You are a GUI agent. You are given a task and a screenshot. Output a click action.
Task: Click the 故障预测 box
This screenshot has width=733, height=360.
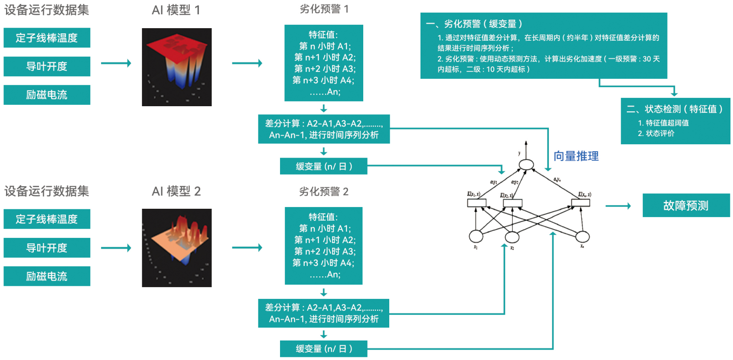pos(686,205)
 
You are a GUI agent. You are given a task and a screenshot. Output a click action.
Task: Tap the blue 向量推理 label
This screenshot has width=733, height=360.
pos(576,156)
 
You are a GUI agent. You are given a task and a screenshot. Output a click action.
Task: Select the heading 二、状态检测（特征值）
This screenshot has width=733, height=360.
pos(674,109)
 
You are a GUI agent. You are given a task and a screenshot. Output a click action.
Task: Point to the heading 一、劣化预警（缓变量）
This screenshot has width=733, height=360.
pos(474,24)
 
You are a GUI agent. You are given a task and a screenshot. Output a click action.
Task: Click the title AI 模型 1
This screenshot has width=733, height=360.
pos(176,10)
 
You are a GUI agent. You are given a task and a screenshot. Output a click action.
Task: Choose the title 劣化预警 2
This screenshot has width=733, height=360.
pos(323,191)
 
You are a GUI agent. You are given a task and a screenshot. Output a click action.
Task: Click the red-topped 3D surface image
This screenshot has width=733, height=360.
pos(176,67)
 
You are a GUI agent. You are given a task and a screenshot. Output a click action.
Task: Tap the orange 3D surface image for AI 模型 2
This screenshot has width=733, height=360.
pos(176,248)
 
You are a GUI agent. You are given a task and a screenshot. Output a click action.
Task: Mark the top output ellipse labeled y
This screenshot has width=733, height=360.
pos(526,165)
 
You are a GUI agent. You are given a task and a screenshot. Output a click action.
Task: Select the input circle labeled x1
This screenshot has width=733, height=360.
pos(476,237)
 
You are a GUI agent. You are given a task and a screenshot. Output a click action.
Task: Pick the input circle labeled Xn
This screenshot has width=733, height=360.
pos(582,237)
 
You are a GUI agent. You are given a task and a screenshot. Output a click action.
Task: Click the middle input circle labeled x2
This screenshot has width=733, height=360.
pos(512,237)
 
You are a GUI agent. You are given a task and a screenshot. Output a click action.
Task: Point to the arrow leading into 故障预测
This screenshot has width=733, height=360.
pos(618,206)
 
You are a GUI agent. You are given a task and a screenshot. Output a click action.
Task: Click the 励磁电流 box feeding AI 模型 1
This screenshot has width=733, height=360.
pos(47,95)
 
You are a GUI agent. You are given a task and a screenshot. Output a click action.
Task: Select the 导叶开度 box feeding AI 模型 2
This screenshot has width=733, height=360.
pos(47,248)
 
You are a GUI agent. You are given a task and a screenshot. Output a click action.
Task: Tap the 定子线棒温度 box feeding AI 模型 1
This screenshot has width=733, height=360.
pos(47,38)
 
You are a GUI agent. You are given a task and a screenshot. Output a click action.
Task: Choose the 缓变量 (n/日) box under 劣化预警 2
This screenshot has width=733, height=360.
pos(323,349)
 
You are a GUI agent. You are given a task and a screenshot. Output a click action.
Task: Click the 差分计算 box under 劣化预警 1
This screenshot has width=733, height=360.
pos(324,129)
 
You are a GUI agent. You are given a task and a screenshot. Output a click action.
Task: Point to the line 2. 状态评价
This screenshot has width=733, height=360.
pos(656,133)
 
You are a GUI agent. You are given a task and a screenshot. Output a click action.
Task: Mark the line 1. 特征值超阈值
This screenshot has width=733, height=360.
pos(663,123)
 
